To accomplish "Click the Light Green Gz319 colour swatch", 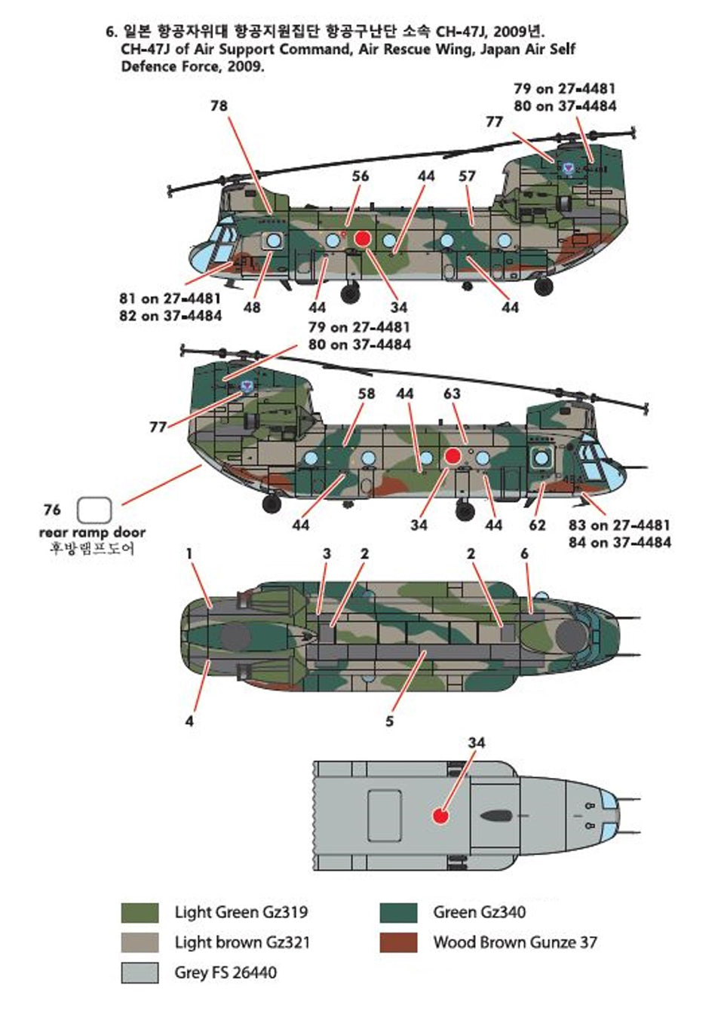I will point(140,912).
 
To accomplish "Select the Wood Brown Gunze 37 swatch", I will point(398,942).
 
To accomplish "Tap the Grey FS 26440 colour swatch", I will point(140,972).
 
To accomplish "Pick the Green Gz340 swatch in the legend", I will point(398,912).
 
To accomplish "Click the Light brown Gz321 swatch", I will point(140,942).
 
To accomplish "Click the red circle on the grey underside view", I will point(441,815).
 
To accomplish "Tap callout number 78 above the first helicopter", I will point(219,106).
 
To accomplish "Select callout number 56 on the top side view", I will point(360,176).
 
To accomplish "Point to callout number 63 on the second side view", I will point(452,394).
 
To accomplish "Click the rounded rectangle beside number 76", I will point(94,510).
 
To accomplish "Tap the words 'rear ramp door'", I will point(92,532).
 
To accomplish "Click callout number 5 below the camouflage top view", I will point(389,721).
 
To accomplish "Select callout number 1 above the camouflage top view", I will point(189,554).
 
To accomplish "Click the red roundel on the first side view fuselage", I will point(362,239).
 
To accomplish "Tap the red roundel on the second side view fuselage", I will point(452,456).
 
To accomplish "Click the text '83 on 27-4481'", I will point(619,525).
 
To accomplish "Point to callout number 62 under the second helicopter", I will point(537,525).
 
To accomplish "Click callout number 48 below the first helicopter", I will point(252,308).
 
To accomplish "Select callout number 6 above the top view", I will point(524,554).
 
